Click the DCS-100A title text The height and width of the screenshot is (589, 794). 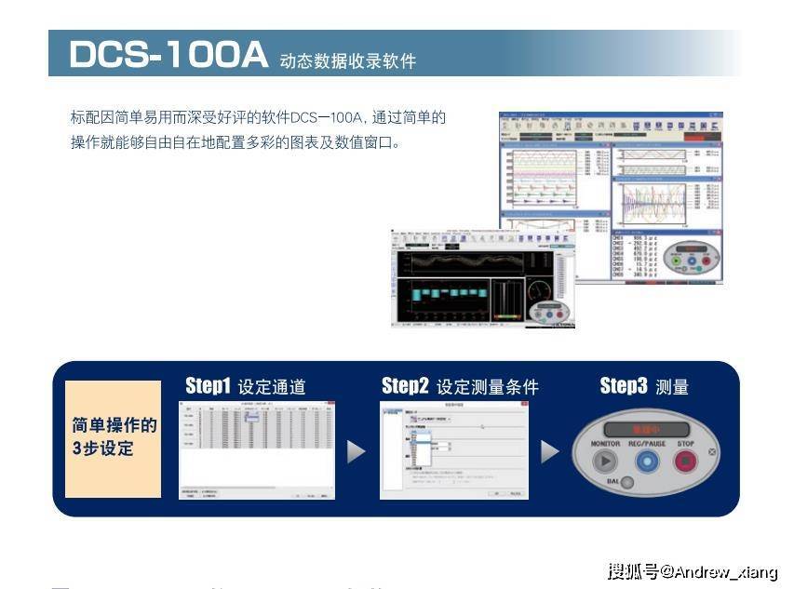[168, 55]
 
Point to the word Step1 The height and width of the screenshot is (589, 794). [208, 385]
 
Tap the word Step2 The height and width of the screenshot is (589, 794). [405, 385]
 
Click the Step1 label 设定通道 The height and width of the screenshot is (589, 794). [272, 387]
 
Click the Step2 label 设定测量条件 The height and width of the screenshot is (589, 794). [488, 387]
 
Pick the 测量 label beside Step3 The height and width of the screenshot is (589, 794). [672, 387]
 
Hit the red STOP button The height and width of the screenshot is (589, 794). [686, 462]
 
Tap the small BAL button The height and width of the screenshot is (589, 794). [628, 483]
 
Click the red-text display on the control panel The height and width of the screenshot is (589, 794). [645, 429]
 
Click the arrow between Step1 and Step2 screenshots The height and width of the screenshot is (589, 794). [356, 452]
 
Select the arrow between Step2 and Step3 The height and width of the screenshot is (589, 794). [550, 452]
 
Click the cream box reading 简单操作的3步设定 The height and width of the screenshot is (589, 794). [114, 438]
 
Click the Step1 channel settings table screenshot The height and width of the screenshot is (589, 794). [256, 450]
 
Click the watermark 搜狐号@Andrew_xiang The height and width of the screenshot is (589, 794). [692, 570]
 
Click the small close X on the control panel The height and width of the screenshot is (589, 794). [712, 453]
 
